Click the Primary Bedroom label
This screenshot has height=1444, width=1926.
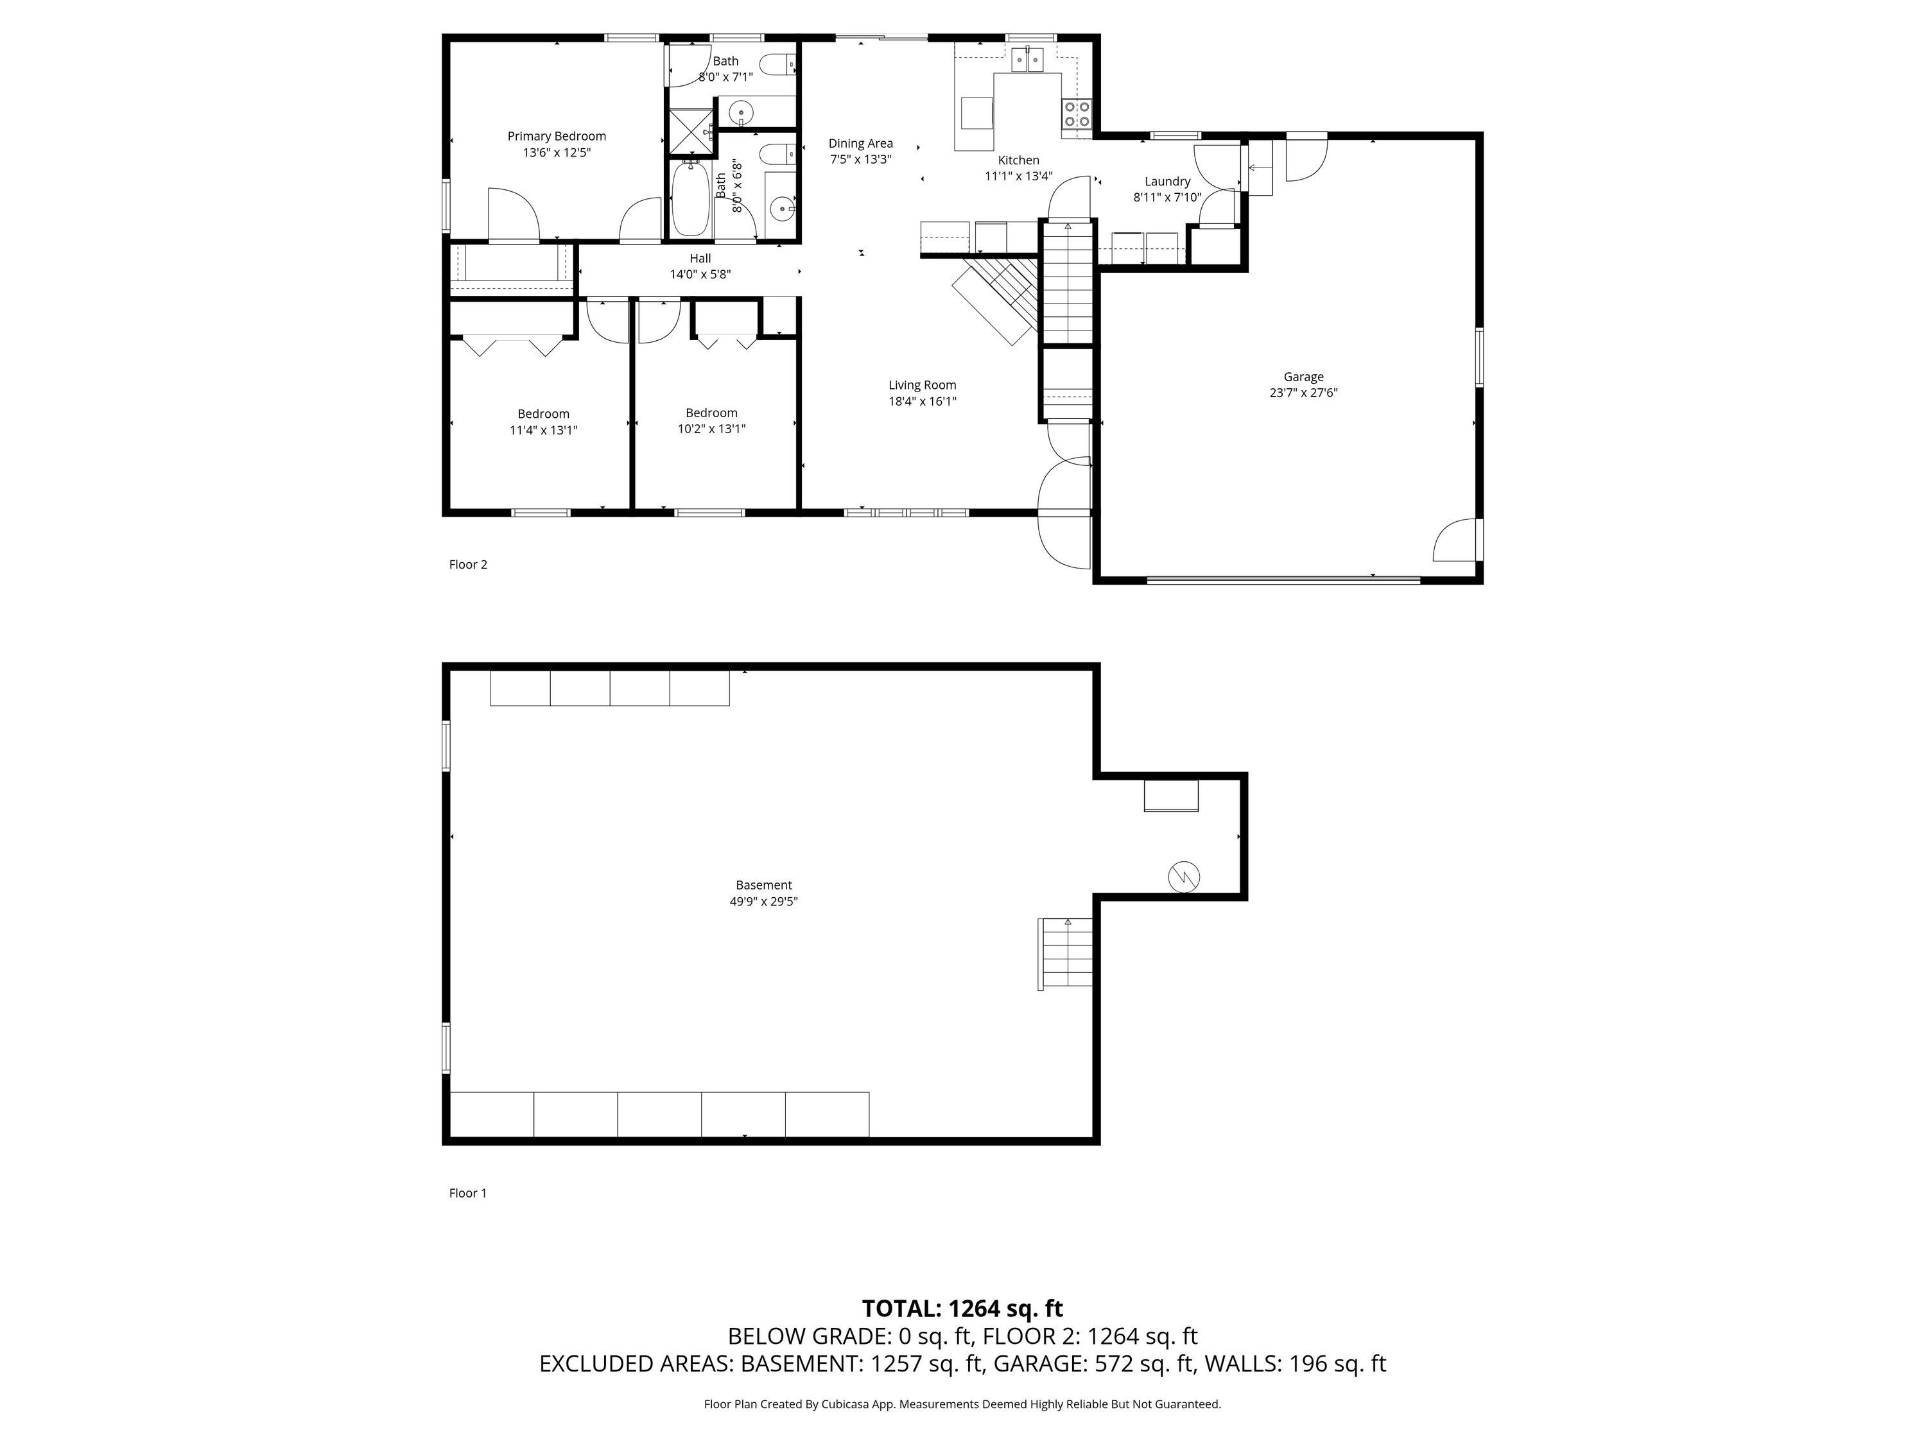557,136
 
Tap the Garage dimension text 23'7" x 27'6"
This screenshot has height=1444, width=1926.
1303,393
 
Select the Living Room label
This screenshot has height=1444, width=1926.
922,384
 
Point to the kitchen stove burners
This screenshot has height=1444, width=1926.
1076,114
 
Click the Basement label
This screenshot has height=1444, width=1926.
763,885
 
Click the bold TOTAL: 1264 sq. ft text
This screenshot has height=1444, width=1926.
962,1308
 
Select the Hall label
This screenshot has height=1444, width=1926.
700,259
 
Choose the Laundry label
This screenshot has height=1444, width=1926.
1167,181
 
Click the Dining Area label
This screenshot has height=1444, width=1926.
860,144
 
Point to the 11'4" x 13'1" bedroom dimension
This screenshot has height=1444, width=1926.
543,430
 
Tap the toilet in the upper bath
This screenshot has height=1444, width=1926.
777,63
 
